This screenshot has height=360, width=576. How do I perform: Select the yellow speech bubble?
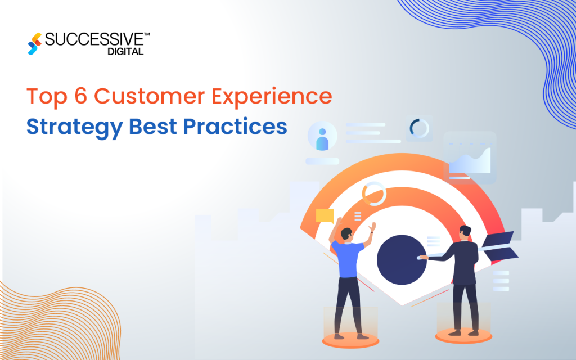tap(325, 215)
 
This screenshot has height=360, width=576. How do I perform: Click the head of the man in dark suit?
tap(464, 232)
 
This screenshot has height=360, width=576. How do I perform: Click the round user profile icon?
tap(322, 137)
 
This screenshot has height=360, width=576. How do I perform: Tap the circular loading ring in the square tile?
tap(419, 128)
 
